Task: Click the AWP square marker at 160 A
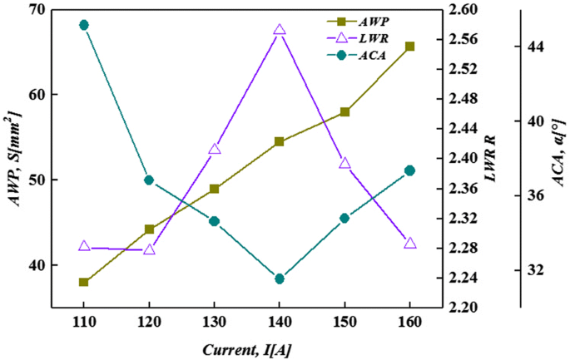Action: (409, 47)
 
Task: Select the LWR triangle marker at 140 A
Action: (280, 29)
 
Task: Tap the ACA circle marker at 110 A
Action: (84, 25)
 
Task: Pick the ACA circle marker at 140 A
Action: (280, 279)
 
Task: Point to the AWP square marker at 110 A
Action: (84, 282)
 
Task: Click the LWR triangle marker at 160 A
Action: (409, 243)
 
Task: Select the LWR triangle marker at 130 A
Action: (215, 149)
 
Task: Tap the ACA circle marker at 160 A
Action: (409, 170)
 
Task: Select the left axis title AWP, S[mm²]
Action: (13, 158)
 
